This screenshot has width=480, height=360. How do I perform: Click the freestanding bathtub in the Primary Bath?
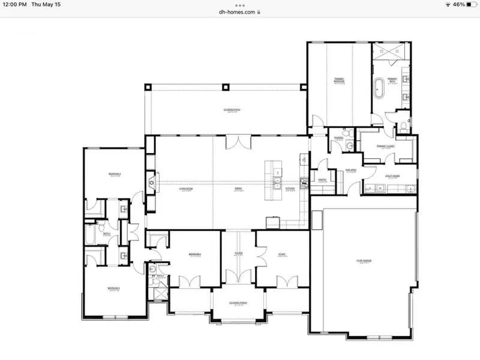click(x=379, y=88)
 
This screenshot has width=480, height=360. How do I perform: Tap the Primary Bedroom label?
click(x=338, y=80)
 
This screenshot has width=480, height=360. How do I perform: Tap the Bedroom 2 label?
click(x=115, y=174)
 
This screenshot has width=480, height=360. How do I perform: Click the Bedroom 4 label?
click(x=194, y=254)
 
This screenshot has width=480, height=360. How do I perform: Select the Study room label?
click(x=281, y=254)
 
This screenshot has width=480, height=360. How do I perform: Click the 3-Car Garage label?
click(x=364, y=260)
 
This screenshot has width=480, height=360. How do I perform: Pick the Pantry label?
click(x=322, y=179)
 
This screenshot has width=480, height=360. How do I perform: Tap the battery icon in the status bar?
click(x=469, y=4)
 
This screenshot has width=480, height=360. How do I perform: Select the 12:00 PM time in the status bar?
click(x=14, y=4)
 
